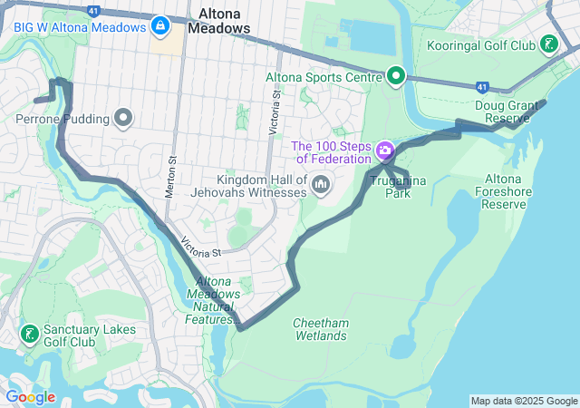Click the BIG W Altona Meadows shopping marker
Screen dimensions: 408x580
pyautogui.click(x=160, y=25)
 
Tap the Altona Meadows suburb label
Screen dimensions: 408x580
pyautogui.click(x=218, y=21)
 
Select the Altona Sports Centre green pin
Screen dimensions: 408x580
pyautogui.click(x=395, y=76)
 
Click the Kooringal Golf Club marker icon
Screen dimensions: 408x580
pyautogui.click(x=548, y=44)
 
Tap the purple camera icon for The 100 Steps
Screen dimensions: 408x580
pyautogui.click(x=385, y=149)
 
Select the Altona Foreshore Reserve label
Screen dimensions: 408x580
pyautogui.click(x=505, y=191)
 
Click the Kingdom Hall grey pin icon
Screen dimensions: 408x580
pyautogui.click(x=320, y=185)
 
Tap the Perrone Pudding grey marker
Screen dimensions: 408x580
pyautogui.click(x=123, y=118)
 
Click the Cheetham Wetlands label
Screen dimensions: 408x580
pyautogui.click(x=320, y=329)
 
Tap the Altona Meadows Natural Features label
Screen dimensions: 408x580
pyautogui.click(x=214, y=300)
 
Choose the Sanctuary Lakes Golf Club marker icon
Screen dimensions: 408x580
pyautogui.click(x=28, y=335)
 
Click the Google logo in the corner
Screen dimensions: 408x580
pyautogui.click(x=30, y=396)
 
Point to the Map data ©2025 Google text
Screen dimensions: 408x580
pyautogui.click(x=523, y=401)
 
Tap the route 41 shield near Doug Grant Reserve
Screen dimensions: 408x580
pyautogui.click(x=482, y=88)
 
